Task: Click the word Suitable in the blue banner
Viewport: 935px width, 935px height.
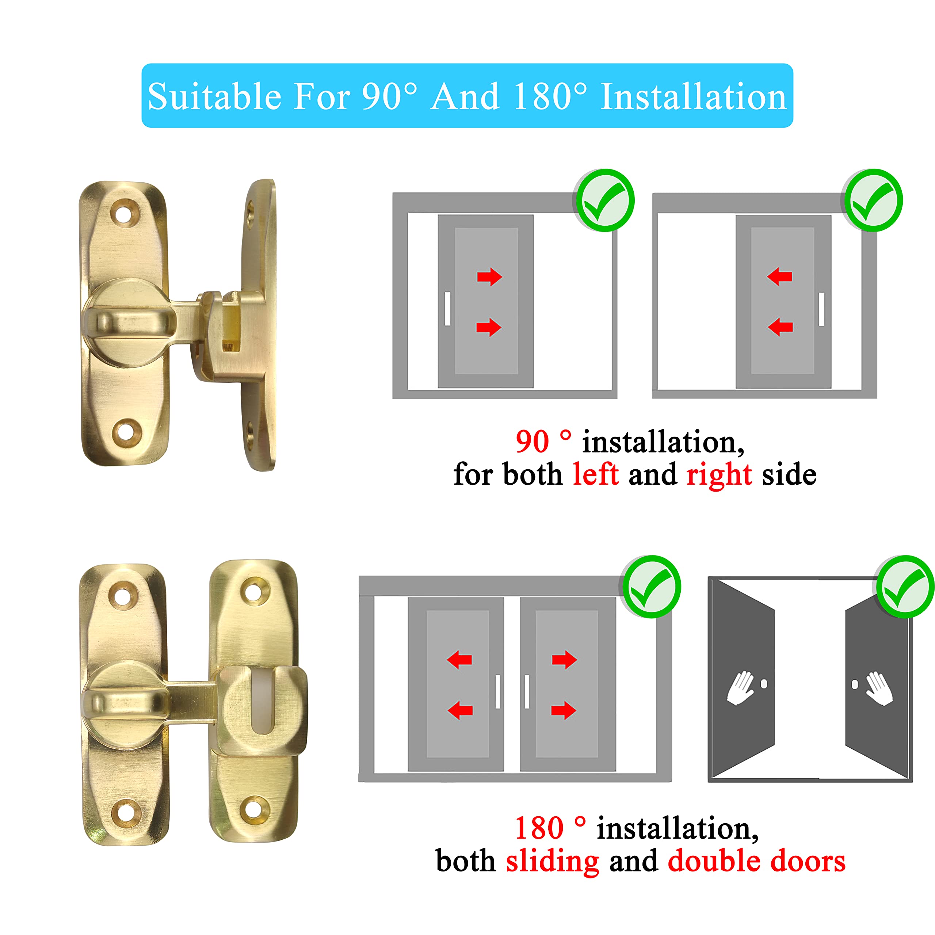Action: pos(214,96)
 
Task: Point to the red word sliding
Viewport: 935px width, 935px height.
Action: pos(553,862)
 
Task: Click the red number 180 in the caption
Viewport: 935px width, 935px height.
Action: pos(539,828)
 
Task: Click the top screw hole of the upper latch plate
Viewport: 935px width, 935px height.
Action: pos(125,213)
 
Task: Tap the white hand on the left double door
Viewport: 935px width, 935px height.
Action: pos(740,688)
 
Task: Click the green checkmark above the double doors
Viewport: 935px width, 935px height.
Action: pos(905,587)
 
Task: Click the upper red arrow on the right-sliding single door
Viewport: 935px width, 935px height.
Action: pos(489,277)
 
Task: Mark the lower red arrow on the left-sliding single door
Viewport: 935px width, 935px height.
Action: pos(780,327)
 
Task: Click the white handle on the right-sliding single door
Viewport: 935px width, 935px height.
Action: pos(447,309)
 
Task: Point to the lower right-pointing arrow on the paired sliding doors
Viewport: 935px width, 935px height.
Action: pos(564,710)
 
